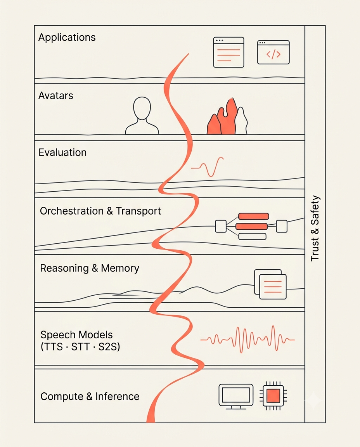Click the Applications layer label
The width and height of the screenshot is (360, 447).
click(67, 38)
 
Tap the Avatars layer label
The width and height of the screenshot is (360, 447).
click(56, 95)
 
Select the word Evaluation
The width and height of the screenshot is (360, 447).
click(62, 152)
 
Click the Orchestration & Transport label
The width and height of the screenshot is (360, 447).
click(100, 211)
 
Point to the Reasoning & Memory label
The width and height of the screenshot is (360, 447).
click(90, 268)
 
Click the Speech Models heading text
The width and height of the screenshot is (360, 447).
click(76, 334)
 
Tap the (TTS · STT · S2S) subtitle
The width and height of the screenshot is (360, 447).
click(80, 347)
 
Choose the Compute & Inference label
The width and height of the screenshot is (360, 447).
click(90, 396)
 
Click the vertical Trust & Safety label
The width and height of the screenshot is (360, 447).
click(315, 228)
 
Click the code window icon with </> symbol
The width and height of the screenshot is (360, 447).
click(273, 52)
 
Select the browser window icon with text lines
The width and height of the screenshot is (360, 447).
click(228, 52)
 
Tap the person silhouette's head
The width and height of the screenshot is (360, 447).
click(142, 108)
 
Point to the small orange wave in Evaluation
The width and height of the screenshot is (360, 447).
click(207, 167)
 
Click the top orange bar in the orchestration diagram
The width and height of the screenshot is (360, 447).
click(254, 217)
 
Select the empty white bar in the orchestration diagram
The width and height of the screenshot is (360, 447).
click(252, 236)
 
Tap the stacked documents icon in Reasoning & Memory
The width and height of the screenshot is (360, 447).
click(270, 284)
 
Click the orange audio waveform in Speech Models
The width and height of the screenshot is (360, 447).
click(247, 339)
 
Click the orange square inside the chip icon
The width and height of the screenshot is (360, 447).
click(273, 396)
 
